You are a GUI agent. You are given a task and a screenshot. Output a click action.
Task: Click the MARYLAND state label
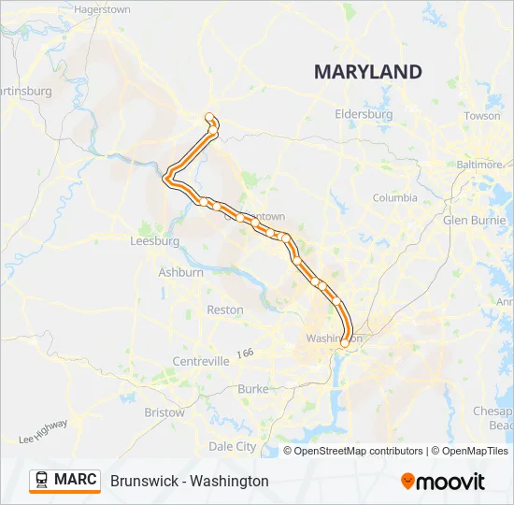pos(367,72)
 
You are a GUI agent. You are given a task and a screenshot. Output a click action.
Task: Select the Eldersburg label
pos(364,114)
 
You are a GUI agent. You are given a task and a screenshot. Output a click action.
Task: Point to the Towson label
pos(482,116)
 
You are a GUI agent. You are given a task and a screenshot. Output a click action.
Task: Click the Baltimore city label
pos(478,164)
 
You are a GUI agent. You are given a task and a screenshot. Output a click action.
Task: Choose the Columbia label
pos(395,198)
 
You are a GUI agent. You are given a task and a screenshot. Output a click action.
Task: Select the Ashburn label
pos(180,273)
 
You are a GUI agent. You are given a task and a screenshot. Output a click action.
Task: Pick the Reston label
pos(224,310)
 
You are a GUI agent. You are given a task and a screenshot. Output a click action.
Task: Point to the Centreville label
pos(201,361)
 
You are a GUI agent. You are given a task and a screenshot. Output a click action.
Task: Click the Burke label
pos(252,388)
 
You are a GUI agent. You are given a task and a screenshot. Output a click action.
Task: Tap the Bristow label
pos(164,411)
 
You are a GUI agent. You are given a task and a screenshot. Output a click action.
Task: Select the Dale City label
pos(232,447)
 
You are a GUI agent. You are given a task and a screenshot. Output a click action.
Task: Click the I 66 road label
pos(245,353)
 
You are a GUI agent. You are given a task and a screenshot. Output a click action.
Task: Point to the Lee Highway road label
pos(43,431)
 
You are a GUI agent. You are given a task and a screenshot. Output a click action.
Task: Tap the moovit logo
pos(443,482)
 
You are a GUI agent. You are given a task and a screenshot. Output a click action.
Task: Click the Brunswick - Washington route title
pos(189,481)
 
